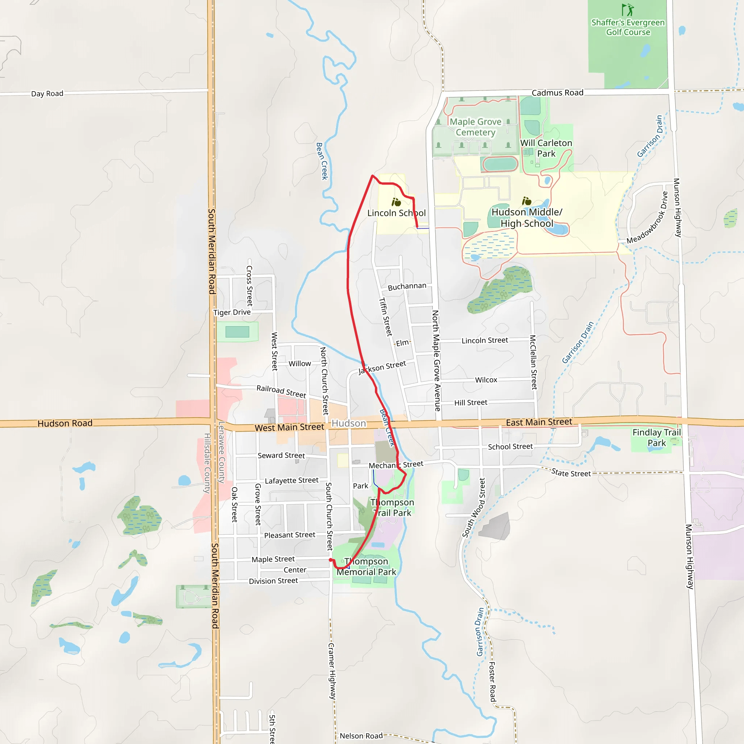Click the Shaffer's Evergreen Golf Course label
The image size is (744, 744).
(x=628, y=27)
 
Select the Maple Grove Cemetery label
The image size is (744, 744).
(x=476, y=127)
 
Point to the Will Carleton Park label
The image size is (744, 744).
(x=546, y=148)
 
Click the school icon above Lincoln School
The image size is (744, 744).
(x=396, y=202)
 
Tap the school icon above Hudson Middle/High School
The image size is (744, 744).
(x=526, y=201)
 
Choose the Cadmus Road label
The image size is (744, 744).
(x=557, y=93)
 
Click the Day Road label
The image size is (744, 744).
(x=47, y=94)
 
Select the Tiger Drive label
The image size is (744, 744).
(x=232, y=312)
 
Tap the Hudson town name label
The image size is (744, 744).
(x=348, y=423)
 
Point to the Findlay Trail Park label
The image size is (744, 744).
(x=656, y=437)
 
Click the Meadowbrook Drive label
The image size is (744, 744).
(x=647, y=218)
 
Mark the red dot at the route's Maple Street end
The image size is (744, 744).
(x=331, y=560)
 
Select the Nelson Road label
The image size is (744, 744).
(x=361, y=736)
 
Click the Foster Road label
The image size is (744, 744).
(x=492, y=682)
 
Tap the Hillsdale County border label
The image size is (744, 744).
(x=207, y=463)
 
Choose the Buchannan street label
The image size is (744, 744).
(x=407, y=287)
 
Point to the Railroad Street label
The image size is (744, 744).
(x=281, y=391)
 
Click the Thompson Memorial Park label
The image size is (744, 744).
(x=366, y=566)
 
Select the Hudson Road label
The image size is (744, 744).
(x=65, y=423)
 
